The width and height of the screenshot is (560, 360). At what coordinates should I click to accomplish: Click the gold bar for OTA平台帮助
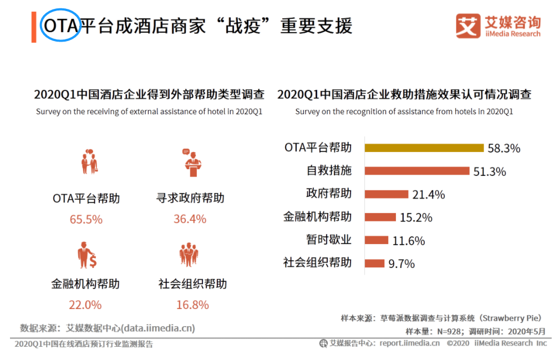click(x=425, y=148)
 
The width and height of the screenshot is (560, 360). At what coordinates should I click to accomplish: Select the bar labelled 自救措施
click(x=418, y=171)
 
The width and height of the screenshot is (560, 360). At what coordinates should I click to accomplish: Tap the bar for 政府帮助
click(x=386, y=194)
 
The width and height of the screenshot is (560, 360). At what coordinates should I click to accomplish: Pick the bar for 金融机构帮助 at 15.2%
click(x=380, y=217)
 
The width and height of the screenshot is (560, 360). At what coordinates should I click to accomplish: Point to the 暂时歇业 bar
click(x=377, y=240)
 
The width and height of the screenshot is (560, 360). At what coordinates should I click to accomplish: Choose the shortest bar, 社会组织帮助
click(x=375, y=263)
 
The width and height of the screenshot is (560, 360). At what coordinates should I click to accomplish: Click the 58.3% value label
click(x=504, y=149)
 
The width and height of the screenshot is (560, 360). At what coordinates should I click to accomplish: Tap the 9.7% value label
click(x=401, y=263)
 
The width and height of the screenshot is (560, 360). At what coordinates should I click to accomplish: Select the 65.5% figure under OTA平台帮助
click(x=86, y=219)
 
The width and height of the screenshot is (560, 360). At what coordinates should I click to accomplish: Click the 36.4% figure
click(x=190, y=219)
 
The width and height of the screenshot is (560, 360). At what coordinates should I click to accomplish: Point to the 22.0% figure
click(x=85, y=305)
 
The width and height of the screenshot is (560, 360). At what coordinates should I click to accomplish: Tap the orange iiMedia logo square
click(x=469, y=26)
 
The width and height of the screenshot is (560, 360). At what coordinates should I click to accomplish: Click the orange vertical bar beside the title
click(x=34, y=26)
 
